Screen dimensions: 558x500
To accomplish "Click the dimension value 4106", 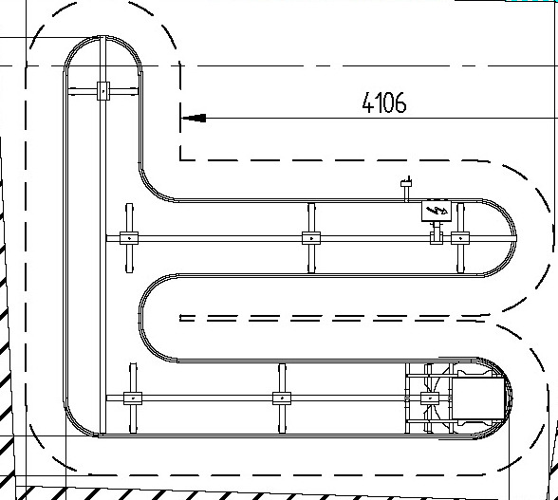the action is pyautogui.click(x=384, y=102).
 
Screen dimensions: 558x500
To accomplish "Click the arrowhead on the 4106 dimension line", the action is pyautogui.click(x=194, y=118).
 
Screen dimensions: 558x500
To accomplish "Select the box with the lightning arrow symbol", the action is pyautogui.click(x=437, y=211).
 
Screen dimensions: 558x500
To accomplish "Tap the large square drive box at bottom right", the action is pyautogui.click(x=478, y=398).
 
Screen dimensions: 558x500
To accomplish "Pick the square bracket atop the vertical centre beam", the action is pyautogui.click(x=103, y=91).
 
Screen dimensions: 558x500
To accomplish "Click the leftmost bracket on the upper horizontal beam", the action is pyautogui.click(x=129, y=238).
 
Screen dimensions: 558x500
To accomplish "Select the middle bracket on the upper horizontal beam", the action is pyautogui.click(x=311, y=238).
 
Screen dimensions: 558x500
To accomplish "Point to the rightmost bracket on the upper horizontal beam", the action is pyautogui.click(x=460, y=238).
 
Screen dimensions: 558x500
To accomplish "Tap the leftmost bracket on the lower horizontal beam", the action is pyautogui.click(x=133, y=398).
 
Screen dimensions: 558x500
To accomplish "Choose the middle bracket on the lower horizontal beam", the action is pyautogui.click(x=282, y=398).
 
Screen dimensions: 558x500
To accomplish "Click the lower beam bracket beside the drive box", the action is pyautogui.click(x=430, y=398).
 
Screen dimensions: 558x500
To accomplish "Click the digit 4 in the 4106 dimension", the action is pyautogui.click(x=367, y=102).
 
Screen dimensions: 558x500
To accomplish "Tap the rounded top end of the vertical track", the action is pyautogui.click(x=102, y=37).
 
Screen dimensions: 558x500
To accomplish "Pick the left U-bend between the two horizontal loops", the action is pyautogui.click(x=139, y=318).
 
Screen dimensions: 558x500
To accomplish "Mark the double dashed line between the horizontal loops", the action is pyautogui.click(x=334, y=318).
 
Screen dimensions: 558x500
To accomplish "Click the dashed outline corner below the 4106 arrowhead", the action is pyautogui.click(x=180, y=159).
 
